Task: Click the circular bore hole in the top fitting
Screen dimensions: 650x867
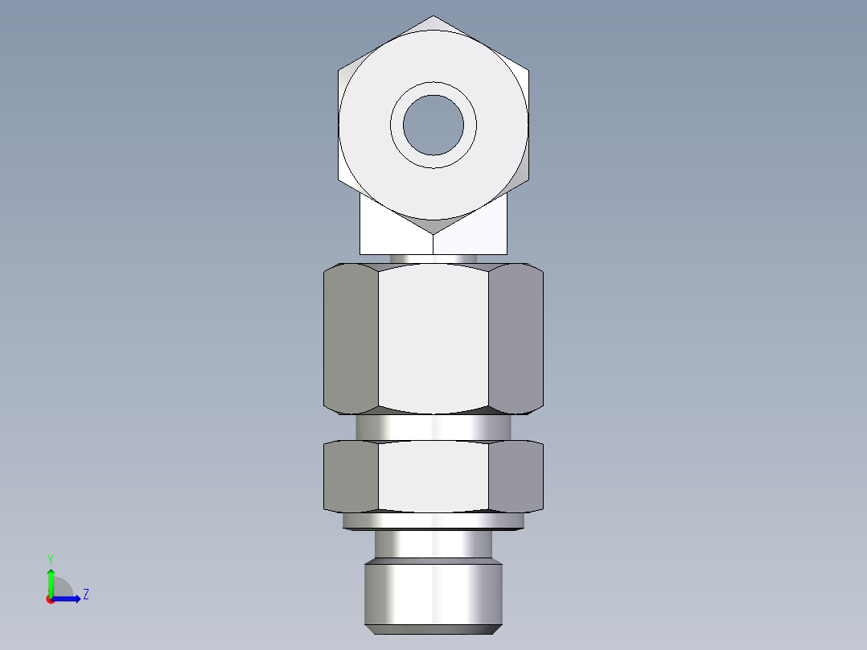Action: tap(433, 125)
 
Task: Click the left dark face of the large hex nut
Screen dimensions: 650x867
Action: tap(351, 339)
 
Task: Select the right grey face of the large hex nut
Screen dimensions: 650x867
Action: tap(516, 339)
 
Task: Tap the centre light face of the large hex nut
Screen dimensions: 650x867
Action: tap(433, 339)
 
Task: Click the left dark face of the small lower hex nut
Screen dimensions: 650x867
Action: tap(351, 476)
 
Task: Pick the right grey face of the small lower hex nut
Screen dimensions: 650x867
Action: tap(516, 476)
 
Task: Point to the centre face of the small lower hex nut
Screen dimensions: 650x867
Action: tap(433, 476)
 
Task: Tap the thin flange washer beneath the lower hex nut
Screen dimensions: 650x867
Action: tap(433, 521)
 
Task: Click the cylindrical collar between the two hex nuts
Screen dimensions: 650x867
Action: tap(433, 426)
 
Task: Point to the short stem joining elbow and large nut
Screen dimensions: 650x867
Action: tap(433, 258)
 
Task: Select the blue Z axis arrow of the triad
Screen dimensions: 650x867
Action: tap(69, 598)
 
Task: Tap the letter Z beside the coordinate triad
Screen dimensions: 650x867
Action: tap(86, 594)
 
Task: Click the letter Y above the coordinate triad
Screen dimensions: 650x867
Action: tap(50, 559)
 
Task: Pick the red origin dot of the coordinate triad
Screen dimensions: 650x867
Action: tap(50, 599)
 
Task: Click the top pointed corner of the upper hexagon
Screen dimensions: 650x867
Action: tap(434, 16)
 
